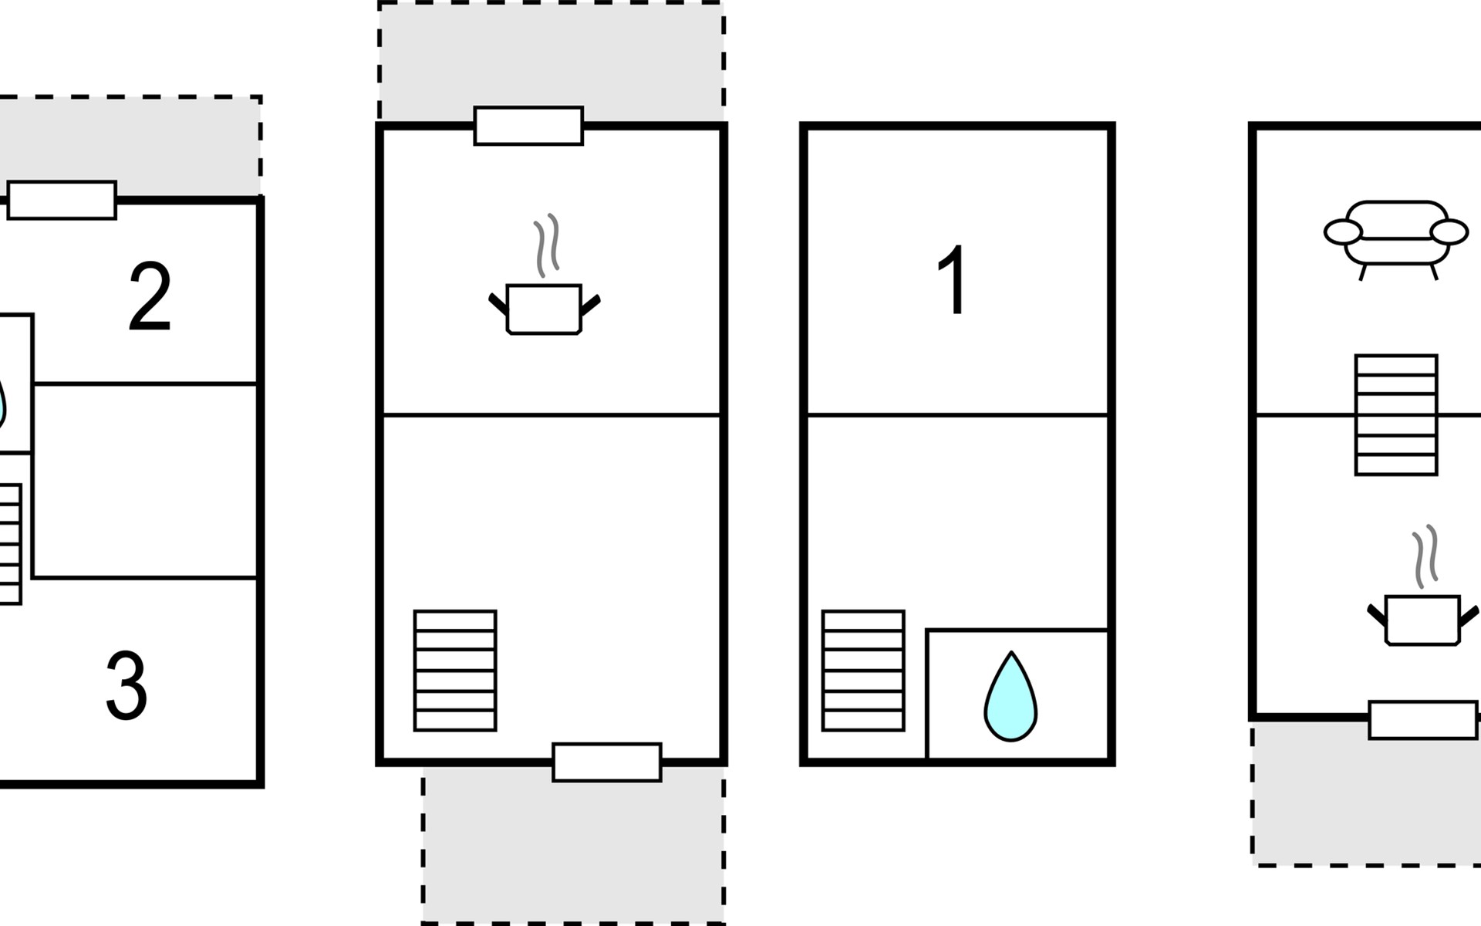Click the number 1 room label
tap(953, 279)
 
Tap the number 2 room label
tap(150, 297)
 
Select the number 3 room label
tap(127, 685)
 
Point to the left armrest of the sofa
tap(1343, 231)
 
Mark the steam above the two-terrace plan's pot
tap(547, 245)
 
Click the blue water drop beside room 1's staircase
tap(1010, 697)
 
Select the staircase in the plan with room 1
tap(863, 671)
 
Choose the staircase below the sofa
tap(1396, 415)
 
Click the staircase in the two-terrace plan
tap(455, 671)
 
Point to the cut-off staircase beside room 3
tap(10, 544)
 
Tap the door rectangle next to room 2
tap(62, 201)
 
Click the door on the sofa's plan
tap(1423, 720)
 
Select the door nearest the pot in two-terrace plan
tap(528, 126)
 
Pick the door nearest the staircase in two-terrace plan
tap(607, 762)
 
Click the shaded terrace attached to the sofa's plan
tap(1365, 803)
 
